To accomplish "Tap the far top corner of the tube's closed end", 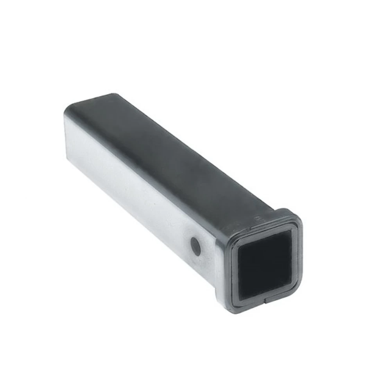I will pos(113,95).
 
